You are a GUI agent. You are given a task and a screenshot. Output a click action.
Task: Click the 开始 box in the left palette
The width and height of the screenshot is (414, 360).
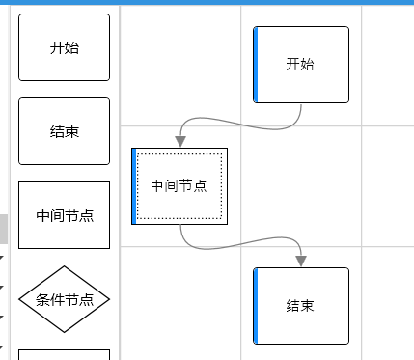pos(64,47)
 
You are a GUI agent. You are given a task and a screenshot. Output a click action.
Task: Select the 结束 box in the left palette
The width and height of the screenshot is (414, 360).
pos(64,131)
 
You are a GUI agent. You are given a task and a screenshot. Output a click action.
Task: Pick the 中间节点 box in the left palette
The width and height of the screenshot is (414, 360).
pos(64,215)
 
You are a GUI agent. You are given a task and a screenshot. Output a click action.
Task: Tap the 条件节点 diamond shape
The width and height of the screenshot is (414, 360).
pos(64,299)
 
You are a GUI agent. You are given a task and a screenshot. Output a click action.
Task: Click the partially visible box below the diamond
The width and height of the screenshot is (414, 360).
pos(64,354)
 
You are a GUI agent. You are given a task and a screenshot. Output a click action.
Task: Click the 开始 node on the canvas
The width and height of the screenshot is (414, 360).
pos(301,64)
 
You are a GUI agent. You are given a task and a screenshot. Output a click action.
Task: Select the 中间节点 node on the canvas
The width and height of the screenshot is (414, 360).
pos(179,185)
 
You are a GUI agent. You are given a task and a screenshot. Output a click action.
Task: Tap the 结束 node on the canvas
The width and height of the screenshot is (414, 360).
pos(301,305)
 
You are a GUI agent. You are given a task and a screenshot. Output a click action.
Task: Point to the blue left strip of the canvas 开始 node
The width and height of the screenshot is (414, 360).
pos(256,64)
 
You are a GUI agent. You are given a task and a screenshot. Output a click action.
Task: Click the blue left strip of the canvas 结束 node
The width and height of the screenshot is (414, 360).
pos(256,305)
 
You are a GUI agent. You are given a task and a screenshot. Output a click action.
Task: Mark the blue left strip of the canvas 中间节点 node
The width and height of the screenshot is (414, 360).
pos(134,185)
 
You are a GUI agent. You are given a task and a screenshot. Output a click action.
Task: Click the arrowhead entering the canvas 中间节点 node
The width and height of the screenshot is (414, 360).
pos(179,141)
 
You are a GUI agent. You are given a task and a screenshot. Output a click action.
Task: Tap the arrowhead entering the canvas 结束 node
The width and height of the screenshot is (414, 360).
pos(301,261)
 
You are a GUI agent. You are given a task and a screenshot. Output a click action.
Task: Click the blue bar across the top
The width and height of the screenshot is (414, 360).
pos(207,2)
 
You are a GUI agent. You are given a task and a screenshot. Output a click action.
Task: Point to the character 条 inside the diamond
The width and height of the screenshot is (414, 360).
pos(42,299)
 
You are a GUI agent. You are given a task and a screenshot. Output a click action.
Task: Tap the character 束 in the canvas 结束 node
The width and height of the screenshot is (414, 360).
pos(307,306)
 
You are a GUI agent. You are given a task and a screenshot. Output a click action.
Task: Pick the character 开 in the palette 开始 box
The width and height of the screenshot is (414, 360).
pos(57,47)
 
